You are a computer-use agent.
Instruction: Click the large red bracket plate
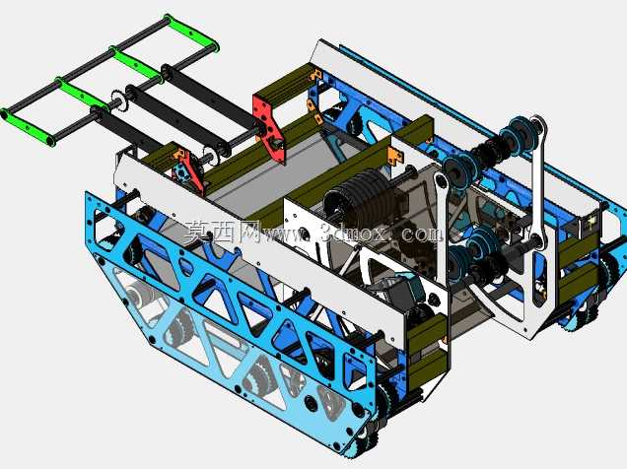270,124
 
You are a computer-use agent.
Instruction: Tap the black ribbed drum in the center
360,197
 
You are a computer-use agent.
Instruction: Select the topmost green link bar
192,33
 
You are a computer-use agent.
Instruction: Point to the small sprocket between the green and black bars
117,99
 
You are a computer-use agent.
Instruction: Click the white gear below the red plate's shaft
211,157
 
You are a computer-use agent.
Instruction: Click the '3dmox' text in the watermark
353,233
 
